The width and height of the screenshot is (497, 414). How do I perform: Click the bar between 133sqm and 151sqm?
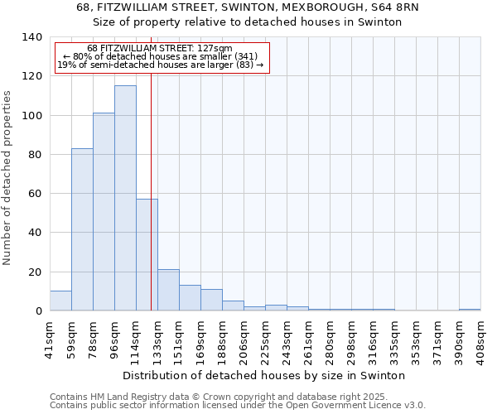coord(168,290)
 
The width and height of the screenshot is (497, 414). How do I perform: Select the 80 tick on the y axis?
coord(34,155)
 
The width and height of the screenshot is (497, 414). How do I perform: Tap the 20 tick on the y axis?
coord(34,272)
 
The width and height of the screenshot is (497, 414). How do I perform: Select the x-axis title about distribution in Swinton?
coord(269,375)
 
